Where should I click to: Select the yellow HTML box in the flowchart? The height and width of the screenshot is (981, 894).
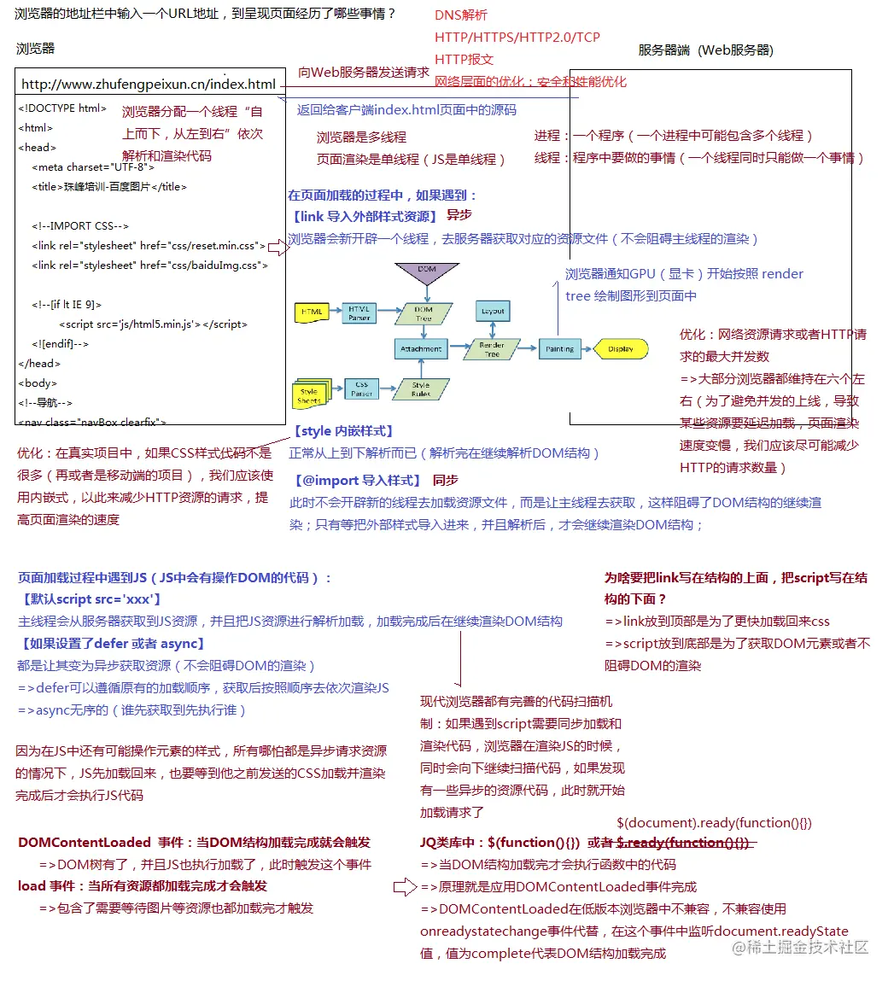(x=312, y=312)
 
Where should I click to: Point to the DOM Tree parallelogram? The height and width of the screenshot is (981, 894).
(x=424, y=313)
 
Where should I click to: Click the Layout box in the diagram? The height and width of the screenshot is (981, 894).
(x=493, y=311)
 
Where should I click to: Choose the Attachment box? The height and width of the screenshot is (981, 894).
(x=421, y=348)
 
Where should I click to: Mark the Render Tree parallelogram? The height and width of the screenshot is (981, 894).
(x=492, y=349)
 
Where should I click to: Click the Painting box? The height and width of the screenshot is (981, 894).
(x=559, y=349)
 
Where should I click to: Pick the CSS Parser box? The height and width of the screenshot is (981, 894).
(x=361, y=389)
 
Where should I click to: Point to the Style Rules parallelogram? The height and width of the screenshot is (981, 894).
(x=421, y=389)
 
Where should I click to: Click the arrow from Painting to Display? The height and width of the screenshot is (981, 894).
(x=587, y=349)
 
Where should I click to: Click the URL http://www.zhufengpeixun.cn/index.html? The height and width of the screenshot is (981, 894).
(x=149, y=84)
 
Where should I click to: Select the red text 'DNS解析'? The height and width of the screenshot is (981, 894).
(x=461, y=15)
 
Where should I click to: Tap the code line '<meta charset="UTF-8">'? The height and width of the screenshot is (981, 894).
(x=93, y=166)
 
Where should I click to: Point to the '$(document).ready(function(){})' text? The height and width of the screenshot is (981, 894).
(x=714, y=822)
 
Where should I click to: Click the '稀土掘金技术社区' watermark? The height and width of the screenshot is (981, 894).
(x=801, y=947)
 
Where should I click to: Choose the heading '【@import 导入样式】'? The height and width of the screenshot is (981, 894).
(x=357, y=480)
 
